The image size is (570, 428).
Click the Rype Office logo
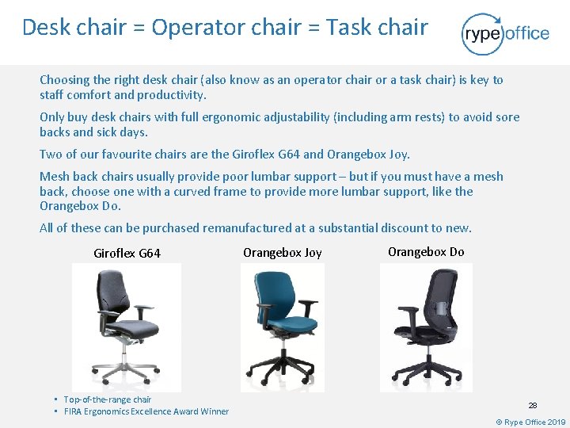coord(505,33)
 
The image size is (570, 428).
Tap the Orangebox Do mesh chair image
coord(426,325)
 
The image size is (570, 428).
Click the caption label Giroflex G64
coord(127,254)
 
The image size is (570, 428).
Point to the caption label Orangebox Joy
coord(283,253)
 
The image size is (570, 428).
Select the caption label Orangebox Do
coord(426,252)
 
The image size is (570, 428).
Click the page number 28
coord(533,404)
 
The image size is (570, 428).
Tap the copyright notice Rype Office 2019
coord(530,422)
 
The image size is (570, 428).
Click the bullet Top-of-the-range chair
coord(107,399)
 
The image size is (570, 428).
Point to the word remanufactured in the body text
coord(247,228)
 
